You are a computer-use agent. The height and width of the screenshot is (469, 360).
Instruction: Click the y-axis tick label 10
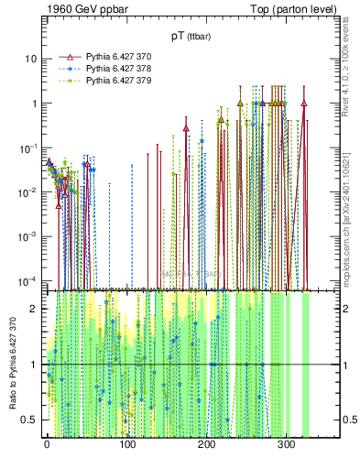[x=30, y=59]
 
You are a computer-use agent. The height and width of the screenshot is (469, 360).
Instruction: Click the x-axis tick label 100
[x=126, y=443]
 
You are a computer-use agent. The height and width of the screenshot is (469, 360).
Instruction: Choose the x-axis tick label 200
[x=206, y=443]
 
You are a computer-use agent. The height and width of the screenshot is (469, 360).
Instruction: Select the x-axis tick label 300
[x=286, y=443]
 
